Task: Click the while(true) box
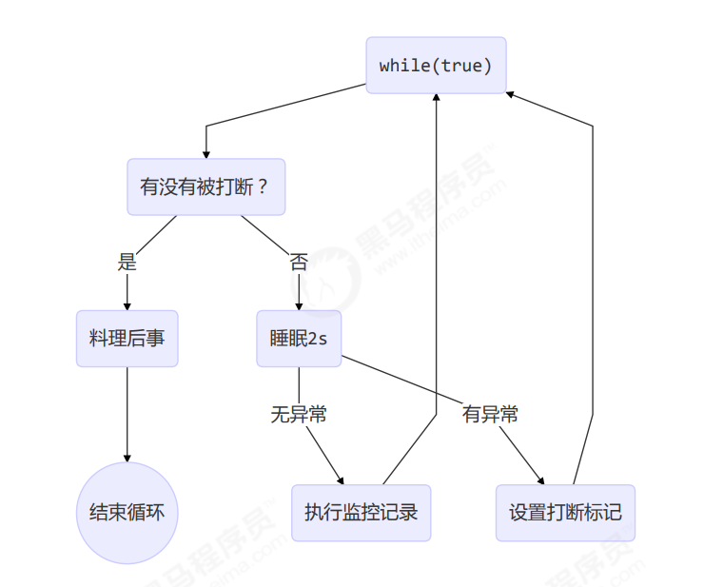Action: (436, 66)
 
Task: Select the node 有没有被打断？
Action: (205, 186)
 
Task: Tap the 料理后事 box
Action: (127, 337)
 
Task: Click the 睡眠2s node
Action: (299, 337)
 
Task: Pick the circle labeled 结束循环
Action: (127, 512)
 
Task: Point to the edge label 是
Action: (127, 262)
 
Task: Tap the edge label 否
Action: (299, 262)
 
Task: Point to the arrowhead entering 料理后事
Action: (127, 305)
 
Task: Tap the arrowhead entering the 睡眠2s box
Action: (299, 305)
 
